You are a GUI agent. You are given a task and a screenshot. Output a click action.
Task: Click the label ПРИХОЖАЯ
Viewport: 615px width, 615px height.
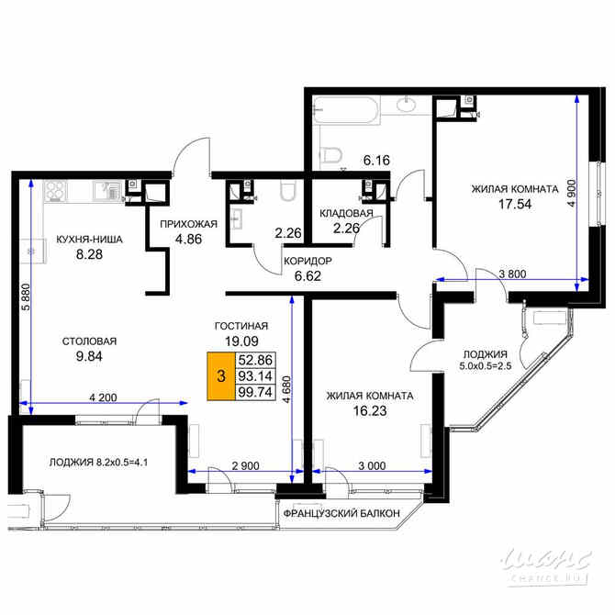coord(187,223)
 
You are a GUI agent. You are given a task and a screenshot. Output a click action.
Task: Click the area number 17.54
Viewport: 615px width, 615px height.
coord(514,207)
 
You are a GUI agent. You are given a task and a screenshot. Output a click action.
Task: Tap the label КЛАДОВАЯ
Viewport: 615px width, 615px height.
coord(346,214)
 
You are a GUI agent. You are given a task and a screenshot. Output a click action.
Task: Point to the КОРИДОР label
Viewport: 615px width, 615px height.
coord(307,261)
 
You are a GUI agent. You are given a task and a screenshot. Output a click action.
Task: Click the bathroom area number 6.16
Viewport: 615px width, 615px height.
coord(376,161)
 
